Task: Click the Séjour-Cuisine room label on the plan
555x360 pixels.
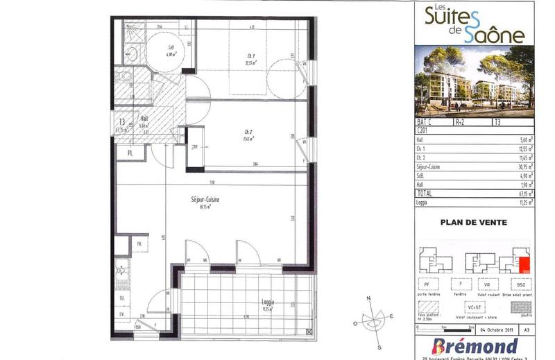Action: [x=206, y=200]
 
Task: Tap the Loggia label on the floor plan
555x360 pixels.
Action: [x=268, y=302]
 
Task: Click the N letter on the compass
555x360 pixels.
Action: [x=370, y=298]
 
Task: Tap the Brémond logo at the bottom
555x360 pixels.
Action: [x=475, y=345]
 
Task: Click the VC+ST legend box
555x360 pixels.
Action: [x=474, y=305]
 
